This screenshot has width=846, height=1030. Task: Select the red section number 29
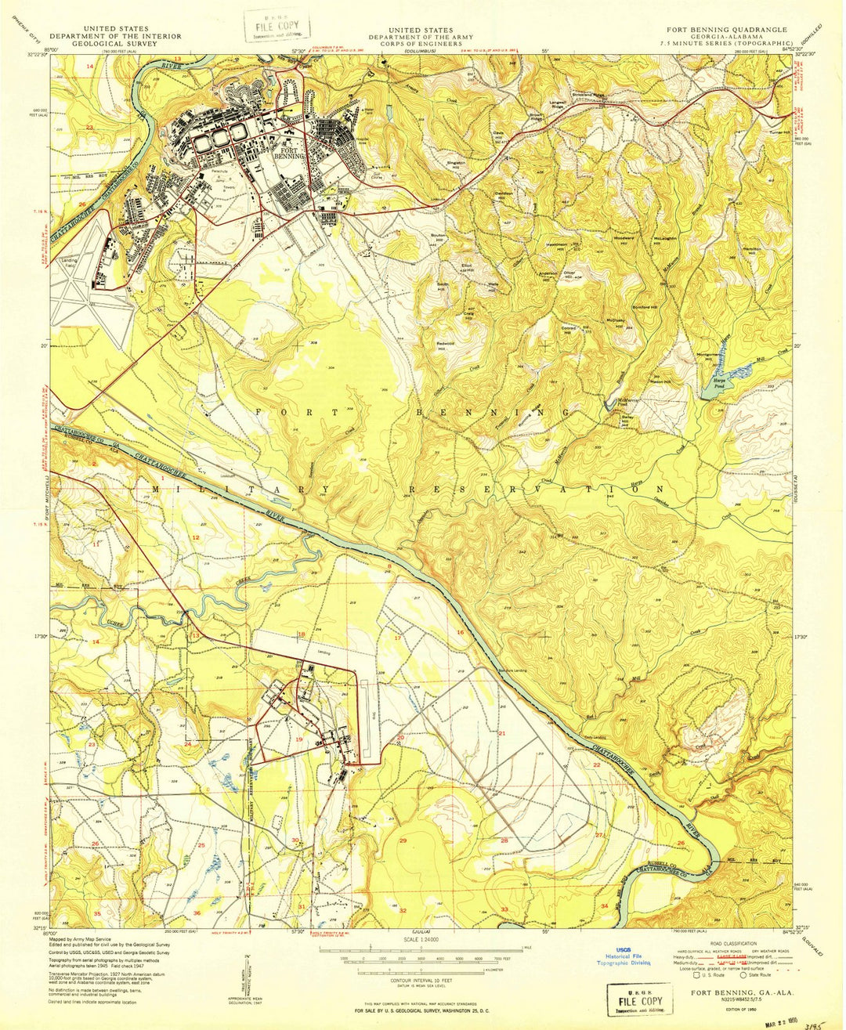(403, 840)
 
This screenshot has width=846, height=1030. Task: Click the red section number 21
(502, 733)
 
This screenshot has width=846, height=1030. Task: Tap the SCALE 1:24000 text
(422, 938)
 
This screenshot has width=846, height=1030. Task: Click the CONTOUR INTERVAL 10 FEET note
(422, 979)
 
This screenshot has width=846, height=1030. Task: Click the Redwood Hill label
(446, 345)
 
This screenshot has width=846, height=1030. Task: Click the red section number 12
(196, 537)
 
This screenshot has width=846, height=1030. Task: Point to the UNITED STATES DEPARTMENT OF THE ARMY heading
(422, 33)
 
